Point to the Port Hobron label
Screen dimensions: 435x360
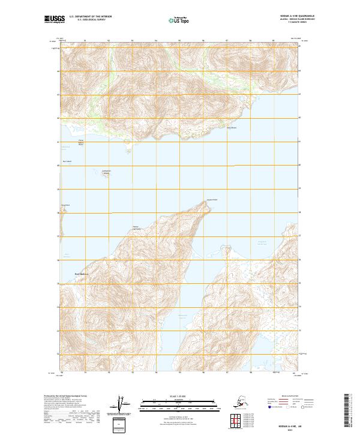pyautogui.click(x=73, y=274)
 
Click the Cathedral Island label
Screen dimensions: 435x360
pyautogui.click(x=106, y=173)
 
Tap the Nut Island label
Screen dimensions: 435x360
pyautogui.click(x=67, y=161)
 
